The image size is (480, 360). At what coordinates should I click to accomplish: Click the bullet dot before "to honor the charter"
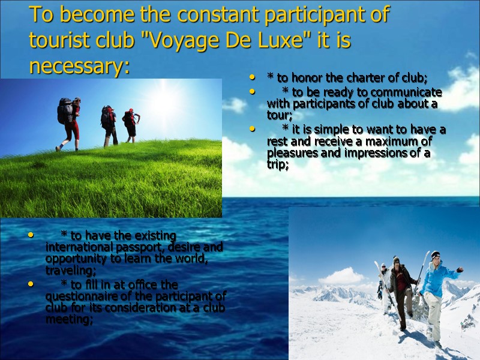pyautogui.click(x=253, y=78)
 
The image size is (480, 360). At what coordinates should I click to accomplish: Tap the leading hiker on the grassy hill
pyautogui.click(x=131, y=124)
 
